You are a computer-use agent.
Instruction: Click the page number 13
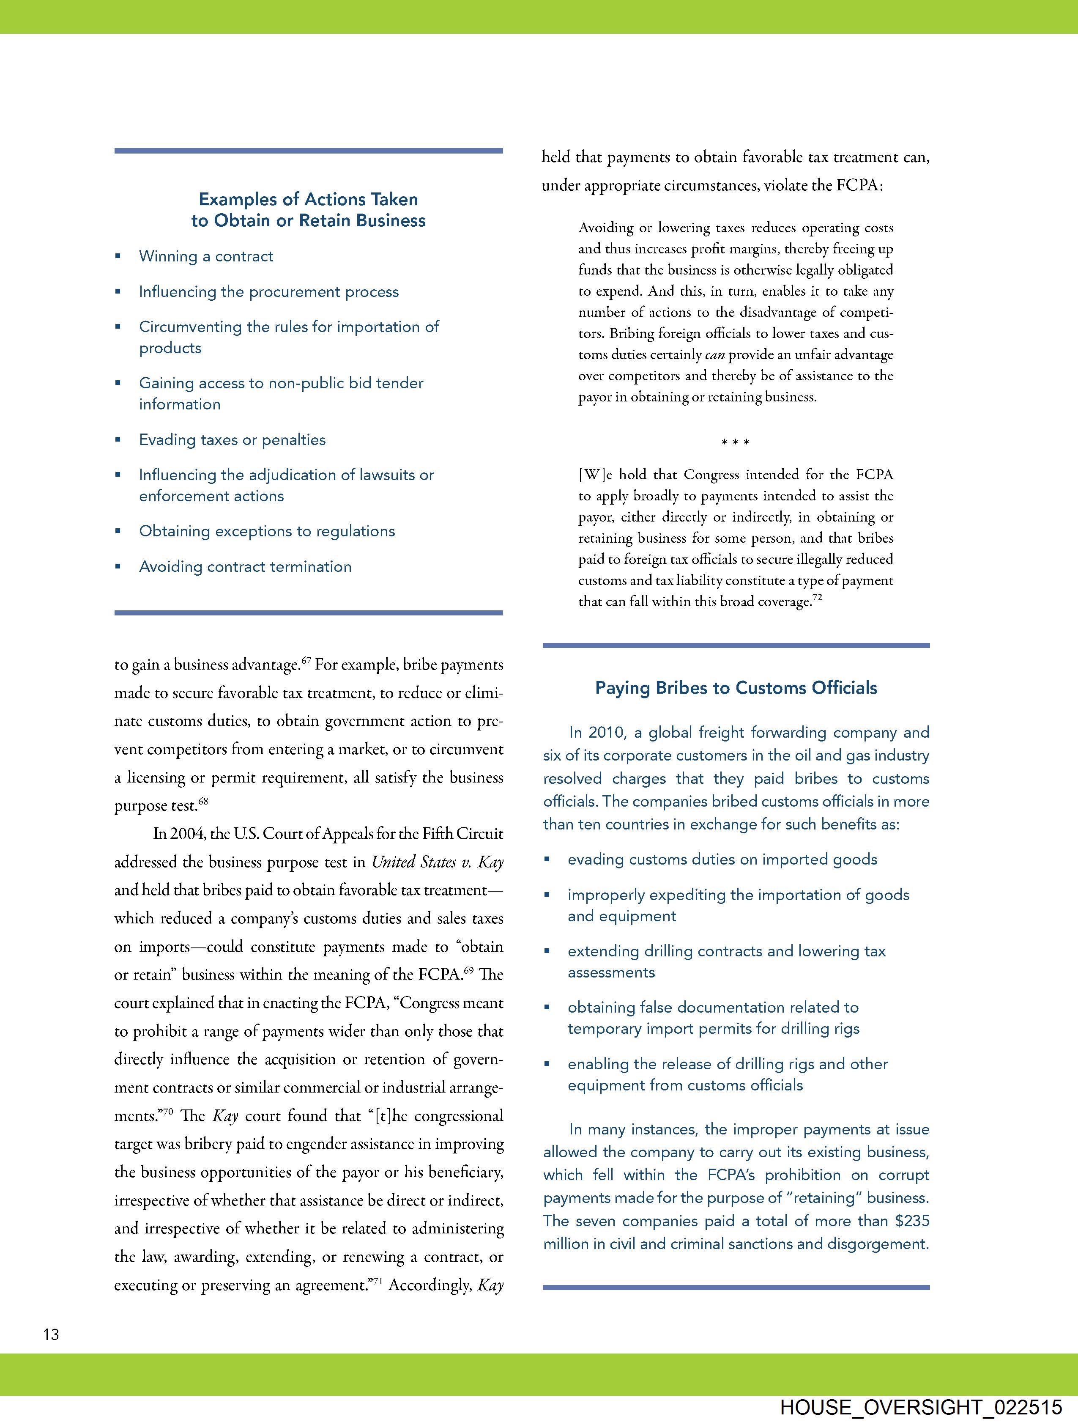[51, 1334]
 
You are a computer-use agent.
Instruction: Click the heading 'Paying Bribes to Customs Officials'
[736, 688]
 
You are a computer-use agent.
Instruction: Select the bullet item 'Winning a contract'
[205, 256]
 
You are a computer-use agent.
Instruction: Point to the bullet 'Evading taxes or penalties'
[232, 440]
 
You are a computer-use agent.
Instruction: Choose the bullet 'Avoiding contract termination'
[245, 567]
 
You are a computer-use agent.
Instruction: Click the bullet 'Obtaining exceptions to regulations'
[267, 532]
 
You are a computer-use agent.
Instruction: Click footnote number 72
[817, 597]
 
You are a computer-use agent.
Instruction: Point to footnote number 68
[203, 802]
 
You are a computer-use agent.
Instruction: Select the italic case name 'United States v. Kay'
[437, 862]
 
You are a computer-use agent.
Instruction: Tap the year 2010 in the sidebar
[607, 733]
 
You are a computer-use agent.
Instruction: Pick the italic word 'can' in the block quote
[715, 355]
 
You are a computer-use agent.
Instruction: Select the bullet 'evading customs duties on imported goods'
[722, 859]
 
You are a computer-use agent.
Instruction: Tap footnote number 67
[306, 660]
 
